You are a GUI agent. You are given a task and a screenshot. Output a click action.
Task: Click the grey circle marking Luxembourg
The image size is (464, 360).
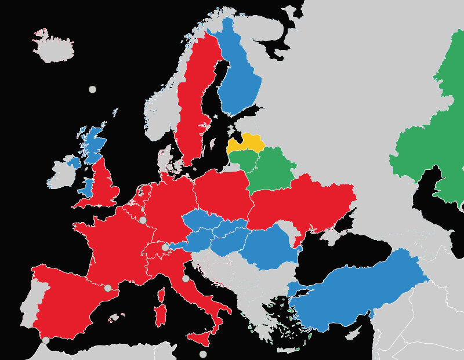pos(143,220)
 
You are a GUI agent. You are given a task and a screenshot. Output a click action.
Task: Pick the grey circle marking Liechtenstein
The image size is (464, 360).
pos(165,248)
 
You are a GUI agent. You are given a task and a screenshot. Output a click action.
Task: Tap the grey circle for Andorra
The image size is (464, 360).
pos(108,288)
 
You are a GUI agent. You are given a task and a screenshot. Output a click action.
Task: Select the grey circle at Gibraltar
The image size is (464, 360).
pos(46,340)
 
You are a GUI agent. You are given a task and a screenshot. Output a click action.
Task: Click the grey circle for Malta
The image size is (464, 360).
pos(203,354)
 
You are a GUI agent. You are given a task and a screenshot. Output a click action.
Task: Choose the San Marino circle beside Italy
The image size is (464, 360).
pos(186,279)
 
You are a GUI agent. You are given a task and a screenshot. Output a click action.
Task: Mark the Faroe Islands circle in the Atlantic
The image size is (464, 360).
pos(92,89)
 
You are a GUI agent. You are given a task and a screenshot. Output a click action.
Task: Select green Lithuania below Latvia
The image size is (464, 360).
pos(244,159)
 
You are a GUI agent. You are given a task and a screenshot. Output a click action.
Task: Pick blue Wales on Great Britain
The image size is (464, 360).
pos(88,187)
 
